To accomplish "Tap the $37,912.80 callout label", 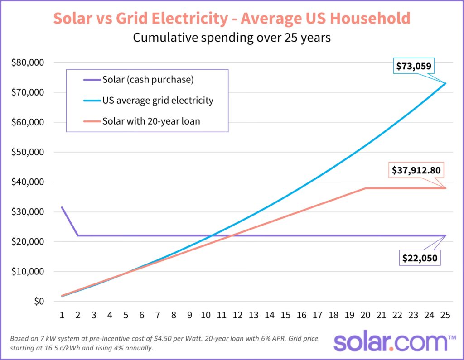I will pos(417,171).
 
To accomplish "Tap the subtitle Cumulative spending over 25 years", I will pos(232,38).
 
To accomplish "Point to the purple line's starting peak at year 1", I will pos(62,207).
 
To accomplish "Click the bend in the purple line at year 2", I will pos(78,235).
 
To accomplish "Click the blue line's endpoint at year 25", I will pos(446,83).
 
